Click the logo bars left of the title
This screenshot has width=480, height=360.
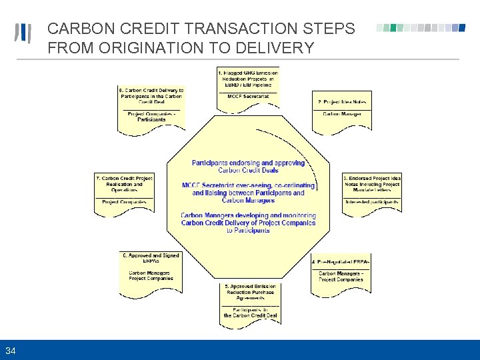pos(23,34)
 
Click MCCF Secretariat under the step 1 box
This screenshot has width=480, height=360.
pos(248,97)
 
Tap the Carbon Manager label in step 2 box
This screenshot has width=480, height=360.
pos(341,114)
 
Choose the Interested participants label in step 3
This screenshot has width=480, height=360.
pos(372,201)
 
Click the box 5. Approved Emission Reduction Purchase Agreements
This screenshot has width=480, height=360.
pos(250,293)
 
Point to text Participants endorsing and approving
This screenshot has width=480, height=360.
pos(248,163)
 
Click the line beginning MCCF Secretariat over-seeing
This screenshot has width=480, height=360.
pos(248,185)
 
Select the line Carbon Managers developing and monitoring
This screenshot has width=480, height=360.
pos(248,215)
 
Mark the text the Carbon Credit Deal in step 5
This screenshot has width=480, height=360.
pos(250,315)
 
